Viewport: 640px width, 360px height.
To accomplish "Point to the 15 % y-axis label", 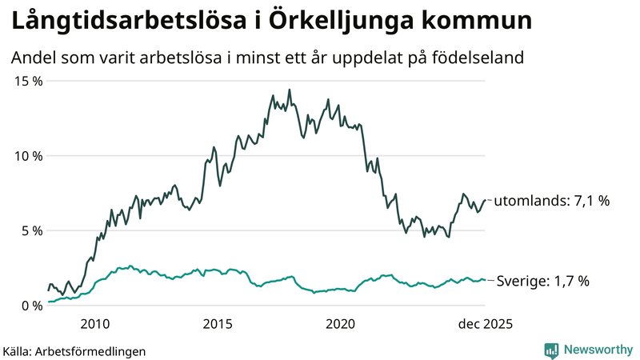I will (27, 81).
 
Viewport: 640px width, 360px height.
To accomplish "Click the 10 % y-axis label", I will (27, 155).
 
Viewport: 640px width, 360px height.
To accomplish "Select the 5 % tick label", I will (30, 230).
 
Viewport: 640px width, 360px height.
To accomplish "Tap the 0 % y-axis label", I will (30, 305).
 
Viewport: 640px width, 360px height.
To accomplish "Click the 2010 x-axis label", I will (95, 324).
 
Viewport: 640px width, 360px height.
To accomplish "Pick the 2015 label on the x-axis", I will (218, 324).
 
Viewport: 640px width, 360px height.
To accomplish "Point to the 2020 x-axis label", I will (341, 324).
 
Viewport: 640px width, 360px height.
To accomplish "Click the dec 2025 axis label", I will (484, 324).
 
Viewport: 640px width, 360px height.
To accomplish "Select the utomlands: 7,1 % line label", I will (552, 201).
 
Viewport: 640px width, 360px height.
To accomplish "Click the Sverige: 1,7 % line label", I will (543, 281).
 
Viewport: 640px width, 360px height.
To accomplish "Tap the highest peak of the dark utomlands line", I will (290, 90).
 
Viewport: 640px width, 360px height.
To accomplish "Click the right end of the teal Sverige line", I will (485, 280).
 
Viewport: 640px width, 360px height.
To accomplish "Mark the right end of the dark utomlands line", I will (485, 200).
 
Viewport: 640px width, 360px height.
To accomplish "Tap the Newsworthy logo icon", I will (551, 350).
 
